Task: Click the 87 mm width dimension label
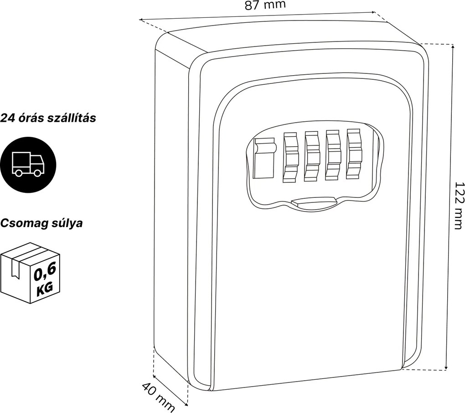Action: click(265, 5)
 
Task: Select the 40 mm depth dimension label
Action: click(158, 398)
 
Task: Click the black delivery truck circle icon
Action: click(28, 165)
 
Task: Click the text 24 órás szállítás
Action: click(48, 118)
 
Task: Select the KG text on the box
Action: click(45, 289)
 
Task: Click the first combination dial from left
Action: click(291, 157)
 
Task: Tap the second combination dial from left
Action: click(312, 156)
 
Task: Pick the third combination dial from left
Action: click(333, 155)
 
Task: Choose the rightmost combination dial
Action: click(354, 154)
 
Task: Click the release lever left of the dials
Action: click(264, 159)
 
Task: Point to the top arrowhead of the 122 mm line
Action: click(452, 46)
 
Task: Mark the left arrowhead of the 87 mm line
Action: click(142, 20)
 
